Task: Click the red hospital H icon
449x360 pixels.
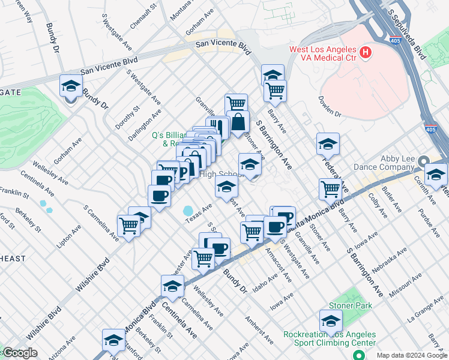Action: tap(365, 53)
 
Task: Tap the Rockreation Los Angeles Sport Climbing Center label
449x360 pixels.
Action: tap(329, 339)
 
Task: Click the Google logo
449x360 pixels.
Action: tap(20, 353)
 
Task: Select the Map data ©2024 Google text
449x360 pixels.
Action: tap(411, 355)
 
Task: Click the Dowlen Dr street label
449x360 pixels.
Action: tap(330, 106)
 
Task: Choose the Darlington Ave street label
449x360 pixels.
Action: tap(145, 124)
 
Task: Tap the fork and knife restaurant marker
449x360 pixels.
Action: tap(217, 127)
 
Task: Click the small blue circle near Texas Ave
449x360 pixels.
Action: tap(188, 211)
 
